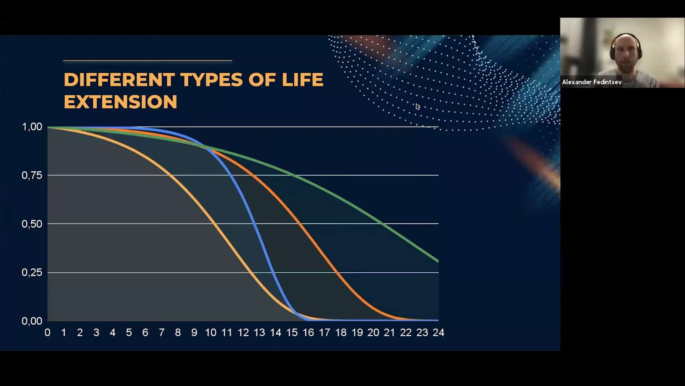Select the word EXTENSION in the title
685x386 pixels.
[121, 102]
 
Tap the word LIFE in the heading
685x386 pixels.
[303, 79]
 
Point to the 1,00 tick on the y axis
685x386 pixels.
[32, 127]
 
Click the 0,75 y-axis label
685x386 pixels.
[32, 175]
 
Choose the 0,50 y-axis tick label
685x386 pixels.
[32, 224]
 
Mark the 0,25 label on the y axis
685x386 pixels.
[32, 272]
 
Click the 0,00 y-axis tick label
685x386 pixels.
[32, 321]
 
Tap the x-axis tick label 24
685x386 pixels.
[438, 333]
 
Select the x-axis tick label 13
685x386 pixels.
[259, 333]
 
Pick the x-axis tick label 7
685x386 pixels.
[162, 333]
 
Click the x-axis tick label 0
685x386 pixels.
[47, 333]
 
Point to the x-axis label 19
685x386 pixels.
[357, 333]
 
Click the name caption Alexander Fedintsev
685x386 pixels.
[592, 82]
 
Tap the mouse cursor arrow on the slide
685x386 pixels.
[417, 107]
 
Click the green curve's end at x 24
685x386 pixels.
[438, 261]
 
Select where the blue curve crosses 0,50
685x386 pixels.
[255, 224]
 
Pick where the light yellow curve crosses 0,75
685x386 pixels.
[169, 175]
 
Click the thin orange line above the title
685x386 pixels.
[148, 61]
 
